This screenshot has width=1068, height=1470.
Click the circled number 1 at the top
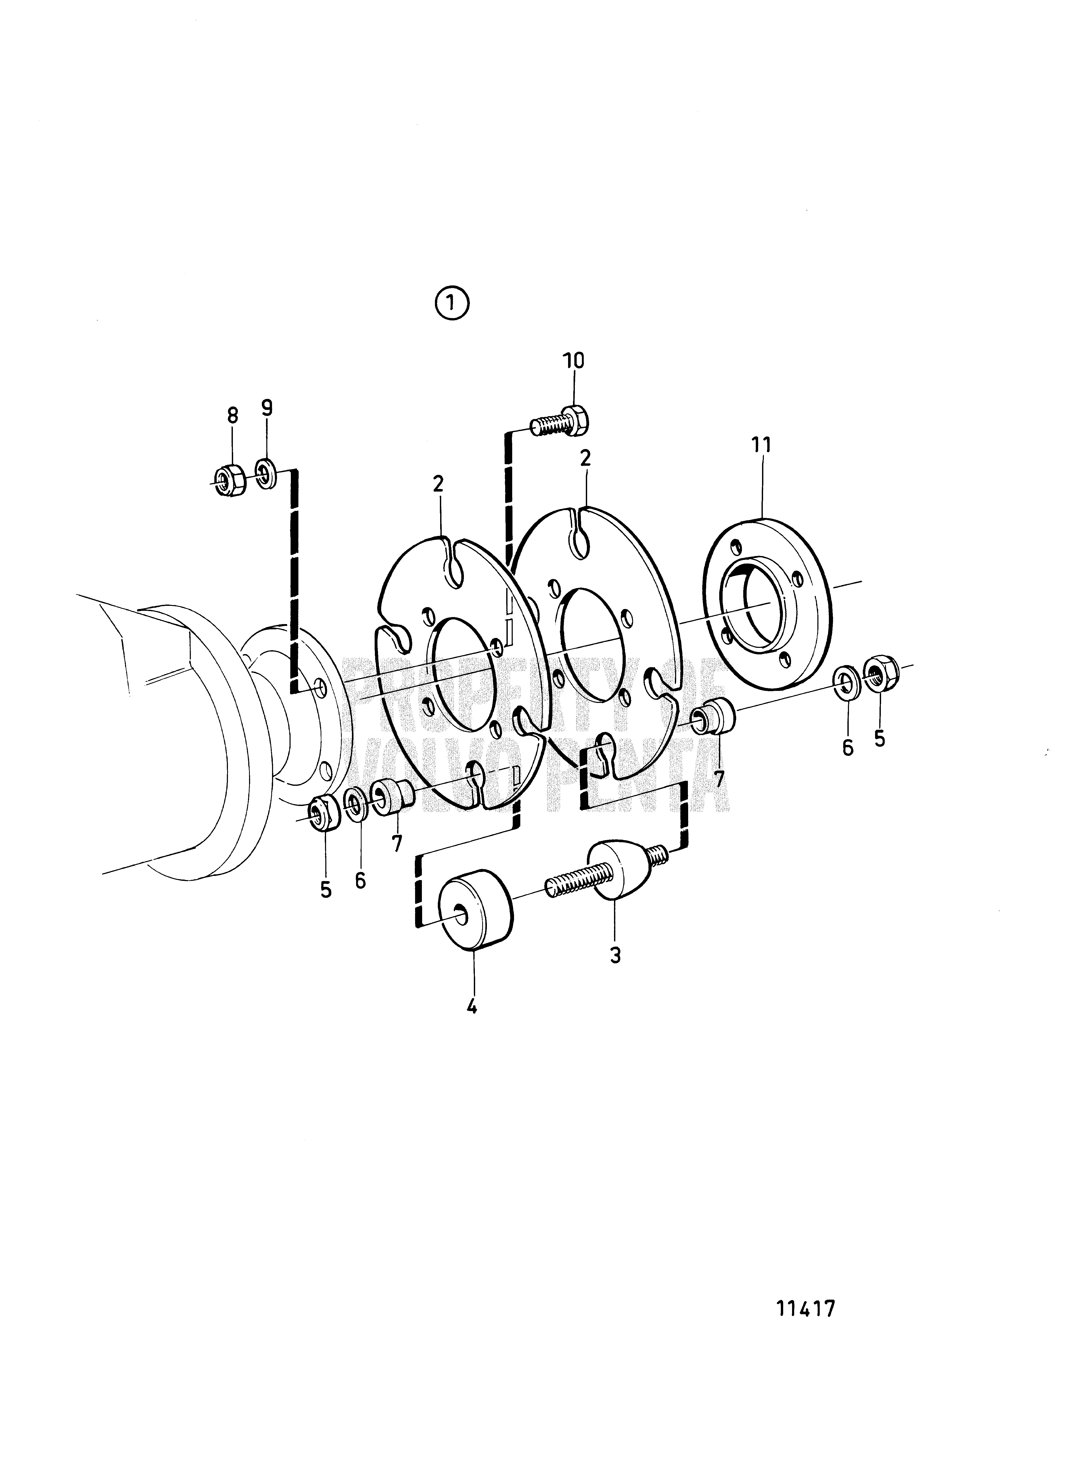tap(452, 304)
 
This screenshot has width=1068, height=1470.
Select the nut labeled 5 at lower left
tap(322, 811)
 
